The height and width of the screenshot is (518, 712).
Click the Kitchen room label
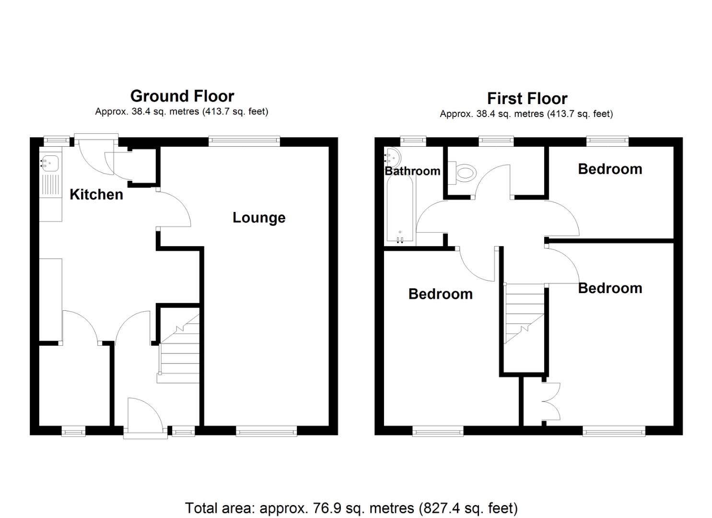[x=96, y=194]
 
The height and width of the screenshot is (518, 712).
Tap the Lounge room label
[x=259, y=218]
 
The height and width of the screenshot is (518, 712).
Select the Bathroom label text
[x=412, y=171]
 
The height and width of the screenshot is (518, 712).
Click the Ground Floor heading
[x=182, y=96]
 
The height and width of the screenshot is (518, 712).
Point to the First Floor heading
[x=527, y=98]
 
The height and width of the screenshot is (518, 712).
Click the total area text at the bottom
[x=351, y=507]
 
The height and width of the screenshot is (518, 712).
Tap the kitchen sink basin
[x=49, y=163]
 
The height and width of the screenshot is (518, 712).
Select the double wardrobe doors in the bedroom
[x=551, y=400]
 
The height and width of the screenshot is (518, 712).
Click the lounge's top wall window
[x=245, y=140]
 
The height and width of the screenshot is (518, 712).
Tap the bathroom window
[x=413, y=140]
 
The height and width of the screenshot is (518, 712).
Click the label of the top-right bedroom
[x=610, y=169]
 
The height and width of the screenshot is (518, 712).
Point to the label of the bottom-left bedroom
[x=440, y=294]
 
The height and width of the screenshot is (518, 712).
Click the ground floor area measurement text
[x=181, y=112]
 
